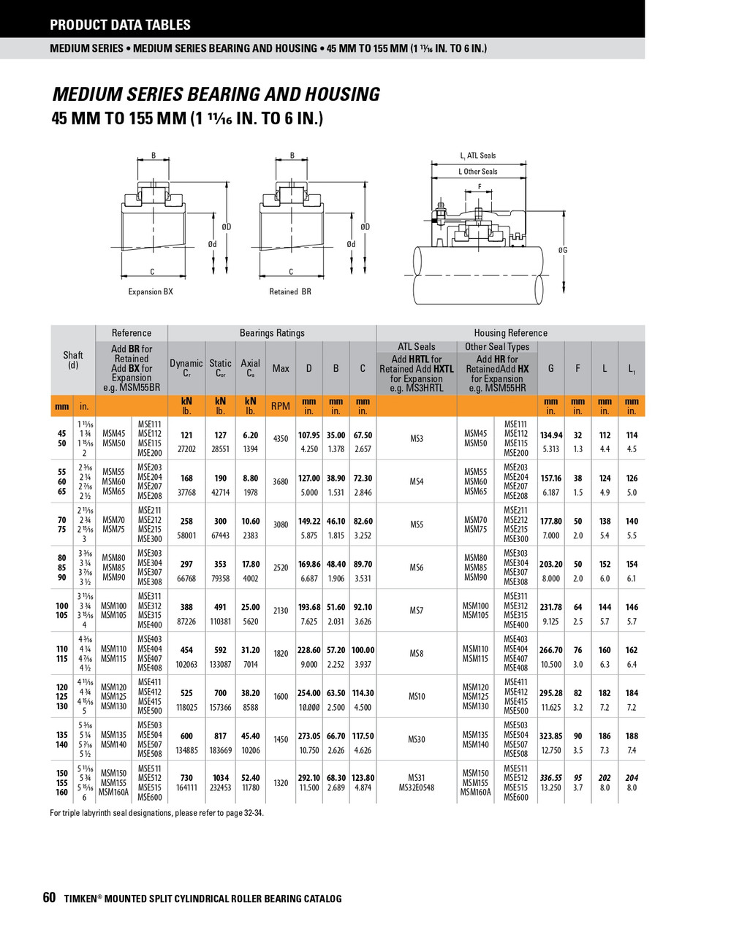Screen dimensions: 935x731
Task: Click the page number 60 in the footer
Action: tap(49, 898)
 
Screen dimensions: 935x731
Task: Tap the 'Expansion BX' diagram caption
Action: tap(151, 291)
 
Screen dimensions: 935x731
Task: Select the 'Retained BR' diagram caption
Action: tap(290, 291)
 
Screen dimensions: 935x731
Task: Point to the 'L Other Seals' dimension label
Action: tap(478, 172)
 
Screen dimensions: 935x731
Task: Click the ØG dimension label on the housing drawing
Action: tap(563, 251)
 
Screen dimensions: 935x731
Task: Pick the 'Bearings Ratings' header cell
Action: tap(272, 333)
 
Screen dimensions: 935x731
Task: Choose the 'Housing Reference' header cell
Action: tap(510, 333)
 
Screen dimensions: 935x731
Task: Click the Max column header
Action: tap(281, 368)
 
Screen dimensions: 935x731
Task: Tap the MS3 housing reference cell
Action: tap(416, 439)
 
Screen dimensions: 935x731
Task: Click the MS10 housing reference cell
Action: tap(416, 697)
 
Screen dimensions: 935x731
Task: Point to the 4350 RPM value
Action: tap(281, 439)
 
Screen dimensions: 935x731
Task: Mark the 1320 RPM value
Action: tap(281, 782)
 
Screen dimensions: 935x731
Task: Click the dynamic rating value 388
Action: tap(186, 607)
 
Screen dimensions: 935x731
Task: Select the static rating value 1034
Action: tap(220, 778)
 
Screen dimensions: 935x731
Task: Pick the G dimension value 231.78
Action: tap(551, 607)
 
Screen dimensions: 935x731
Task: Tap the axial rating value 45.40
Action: tap(251, 736)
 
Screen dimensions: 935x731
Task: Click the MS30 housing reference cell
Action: tap(416, 739)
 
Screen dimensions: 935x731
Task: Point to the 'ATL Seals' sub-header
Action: tap(416, 347)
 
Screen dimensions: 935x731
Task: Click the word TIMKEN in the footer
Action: tap(80, 898)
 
